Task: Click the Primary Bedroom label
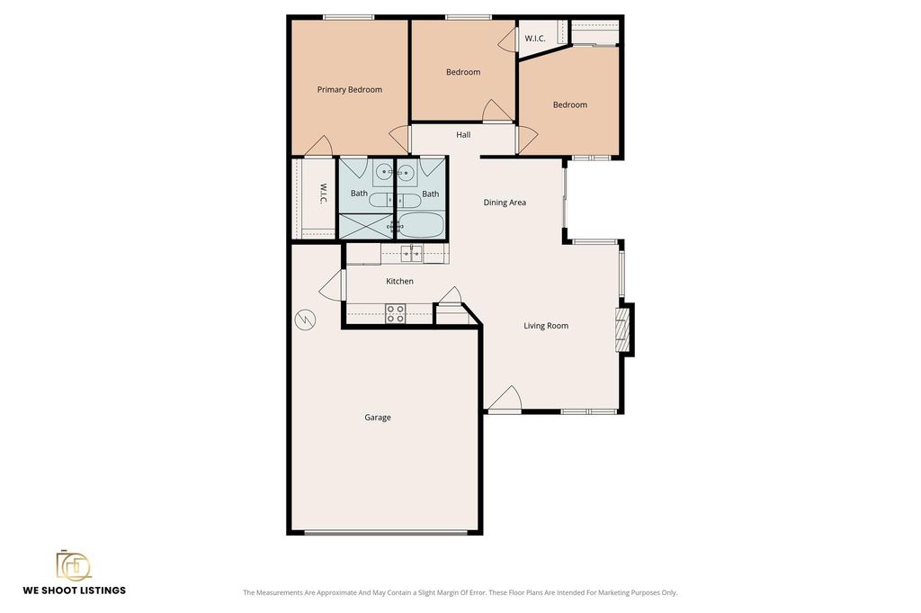[350, 89]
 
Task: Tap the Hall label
[463, 135]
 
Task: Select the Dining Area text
[505, 203]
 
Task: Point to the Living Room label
[546, 326]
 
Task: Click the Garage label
[377, 418]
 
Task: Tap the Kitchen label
[399, 281]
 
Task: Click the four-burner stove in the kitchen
[396, 313]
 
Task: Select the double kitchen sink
[411, 254]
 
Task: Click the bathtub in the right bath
[421, 225]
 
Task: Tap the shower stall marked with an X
[367, 226]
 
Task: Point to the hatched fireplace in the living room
[622, 329]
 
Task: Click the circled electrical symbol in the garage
[306, 320]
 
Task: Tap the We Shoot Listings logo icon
[74, 565]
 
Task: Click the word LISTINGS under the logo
[102, 590]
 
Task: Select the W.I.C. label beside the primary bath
[323, 194]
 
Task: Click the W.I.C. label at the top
[535, 38]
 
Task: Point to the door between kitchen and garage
[333, 284]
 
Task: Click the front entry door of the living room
[505, 398]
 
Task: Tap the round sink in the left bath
[384, 172]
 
